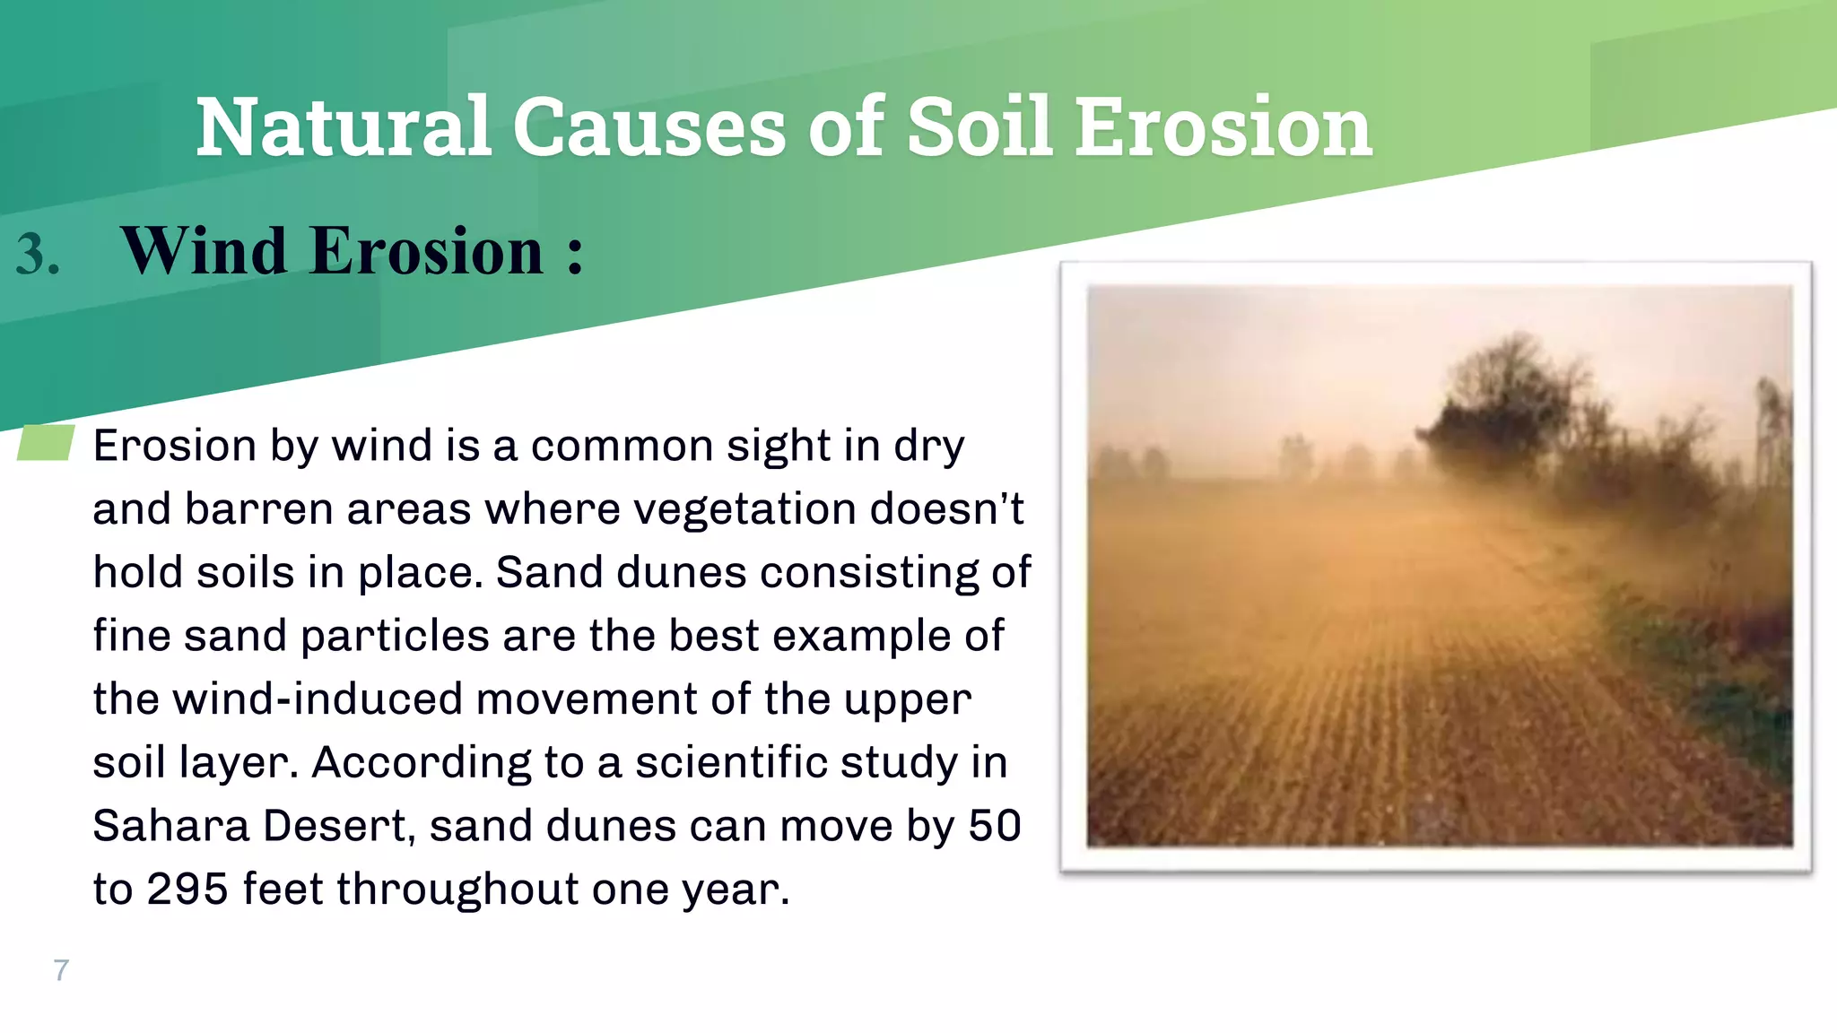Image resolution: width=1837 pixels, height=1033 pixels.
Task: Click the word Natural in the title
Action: click(x=344, y=127)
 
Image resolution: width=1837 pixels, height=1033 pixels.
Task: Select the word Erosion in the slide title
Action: click(x=1223, y=127)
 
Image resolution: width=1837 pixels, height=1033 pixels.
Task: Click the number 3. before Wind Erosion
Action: click(x=38, y=254)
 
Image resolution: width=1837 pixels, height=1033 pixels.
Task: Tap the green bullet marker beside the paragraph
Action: click(x=46, y=443)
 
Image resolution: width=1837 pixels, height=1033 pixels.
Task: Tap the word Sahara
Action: click(x=170, y=826)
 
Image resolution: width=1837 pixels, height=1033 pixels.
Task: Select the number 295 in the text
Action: click(x=187, y=890)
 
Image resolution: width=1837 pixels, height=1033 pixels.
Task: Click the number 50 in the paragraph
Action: click(x=994, y=826)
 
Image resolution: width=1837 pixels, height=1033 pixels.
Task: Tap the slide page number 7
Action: click(x=61, y=970)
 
